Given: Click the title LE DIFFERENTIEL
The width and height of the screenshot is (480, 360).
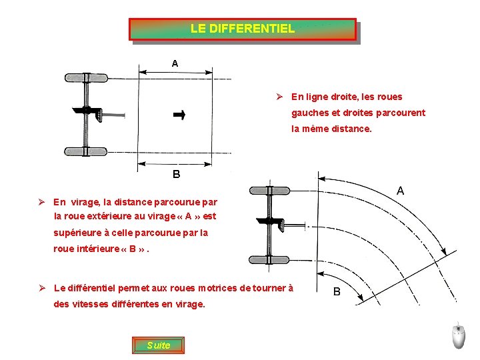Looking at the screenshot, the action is click(x=242, y=29).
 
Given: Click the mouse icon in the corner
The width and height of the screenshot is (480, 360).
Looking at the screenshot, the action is click(x=458, y=337).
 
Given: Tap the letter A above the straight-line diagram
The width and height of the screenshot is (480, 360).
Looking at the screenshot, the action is click(x=175, y=63).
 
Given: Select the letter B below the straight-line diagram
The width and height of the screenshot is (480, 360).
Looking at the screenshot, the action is click(x=176, y=175).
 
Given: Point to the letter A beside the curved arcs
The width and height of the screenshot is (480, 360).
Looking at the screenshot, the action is click(x=400, y=191).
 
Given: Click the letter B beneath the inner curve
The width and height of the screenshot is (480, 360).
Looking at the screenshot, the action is click(x=337, y=291).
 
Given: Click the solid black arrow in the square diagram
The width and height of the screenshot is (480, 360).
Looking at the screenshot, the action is click(x=179, y=115).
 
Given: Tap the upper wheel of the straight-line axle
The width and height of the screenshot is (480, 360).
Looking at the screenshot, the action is click(x=85, y=77).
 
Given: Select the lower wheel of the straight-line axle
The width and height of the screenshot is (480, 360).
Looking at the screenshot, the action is click(x=85, y=151).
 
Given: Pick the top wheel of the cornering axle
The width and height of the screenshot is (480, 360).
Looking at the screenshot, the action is click(x=269, y=191).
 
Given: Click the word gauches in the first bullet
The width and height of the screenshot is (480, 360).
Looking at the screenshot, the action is click(x=309, y=113).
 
